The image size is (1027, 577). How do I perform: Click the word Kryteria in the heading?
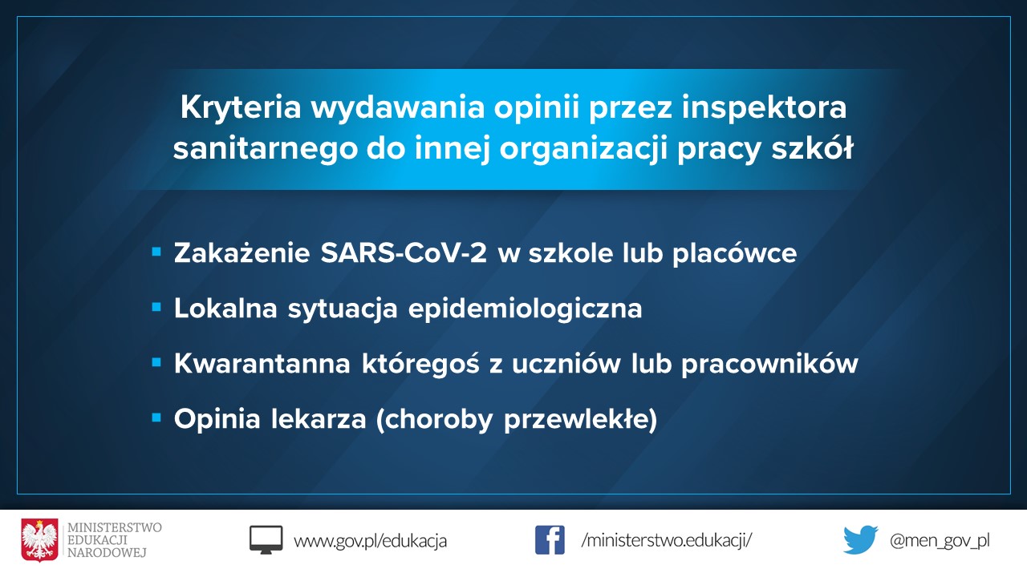(240, 108)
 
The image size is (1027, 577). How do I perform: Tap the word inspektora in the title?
(764, 108)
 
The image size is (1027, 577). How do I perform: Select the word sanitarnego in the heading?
(265, 149)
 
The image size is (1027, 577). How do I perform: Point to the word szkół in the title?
(812, 147)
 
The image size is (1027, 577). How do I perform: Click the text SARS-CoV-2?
(404, 252)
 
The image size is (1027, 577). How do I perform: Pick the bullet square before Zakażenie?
(156, 252)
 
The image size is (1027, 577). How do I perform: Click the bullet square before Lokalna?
(156, 307)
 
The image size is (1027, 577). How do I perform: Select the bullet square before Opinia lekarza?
(156, 418)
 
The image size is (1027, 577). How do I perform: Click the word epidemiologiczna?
(525, 309)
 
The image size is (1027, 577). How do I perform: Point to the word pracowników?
(769, 363)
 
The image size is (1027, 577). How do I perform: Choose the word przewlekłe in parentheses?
(577, 420)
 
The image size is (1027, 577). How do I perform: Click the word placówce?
(734, 252)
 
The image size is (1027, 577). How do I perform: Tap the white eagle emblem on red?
(40, 540)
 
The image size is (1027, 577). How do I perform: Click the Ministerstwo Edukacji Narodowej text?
(114, 540)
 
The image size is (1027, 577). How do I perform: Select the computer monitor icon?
(266, 540)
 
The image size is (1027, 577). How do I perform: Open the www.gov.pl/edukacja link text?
(370, 541)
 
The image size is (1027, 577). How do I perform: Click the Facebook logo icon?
(550, 540)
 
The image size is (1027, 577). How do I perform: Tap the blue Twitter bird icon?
(861, 540)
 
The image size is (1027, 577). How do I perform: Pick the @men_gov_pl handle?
(940, 541)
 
